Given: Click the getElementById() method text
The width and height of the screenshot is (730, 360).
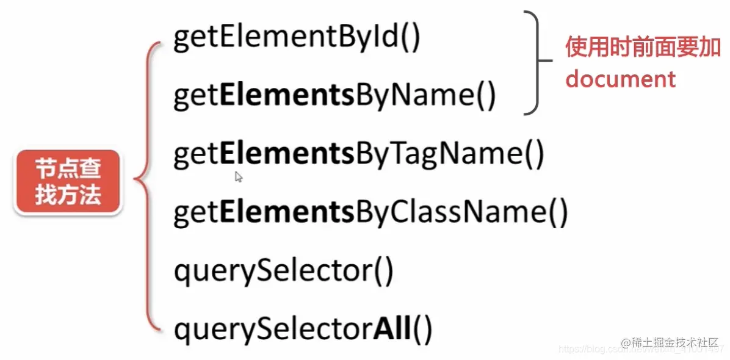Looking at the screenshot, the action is (297, 39).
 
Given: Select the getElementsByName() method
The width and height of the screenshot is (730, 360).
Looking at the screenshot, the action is (334, 96).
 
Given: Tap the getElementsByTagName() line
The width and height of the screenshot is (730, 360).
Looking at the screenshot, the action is (358, 154).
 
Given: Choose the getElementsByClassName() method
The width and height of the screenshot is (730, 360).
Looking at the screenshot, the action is (370, 212).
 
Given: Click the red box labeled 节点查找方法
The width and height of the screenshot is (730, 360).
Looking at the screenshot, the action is (68, 182).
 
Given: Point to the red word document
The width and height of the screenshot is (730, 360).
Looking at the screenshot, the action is (620, 79).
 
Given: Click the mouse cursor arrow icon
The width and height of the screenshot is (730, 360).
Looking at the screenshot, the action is (239, 177).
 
